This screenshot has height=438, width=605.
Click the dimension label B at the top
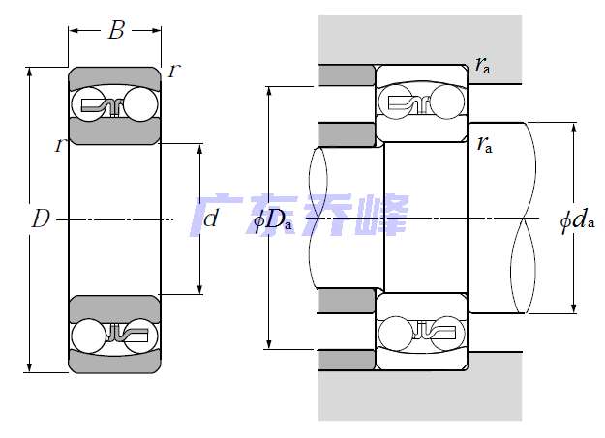pyautogui.click(x=116, y=30)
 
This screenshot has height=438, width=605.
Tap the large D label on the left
pyautogui.click(x=41, y=219)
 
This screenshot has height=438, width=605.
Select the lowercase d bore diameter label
pyautogui.click(x=211, y=219)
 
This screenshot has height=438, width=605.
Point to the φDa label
pyautogui.click(x=272, y=220)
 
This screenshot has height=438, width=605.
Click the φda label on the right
pyautogui.click(x=577, y=220)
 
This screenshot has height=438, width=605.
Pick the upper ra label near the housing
pyautogui.click(x=483, y=65)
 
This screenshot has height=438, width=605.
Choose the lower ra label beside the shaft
pyautogui.click(x=485, y=145)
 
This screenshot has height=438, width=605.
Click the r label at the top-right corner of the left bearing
pyautogui.click(x=174, y=71)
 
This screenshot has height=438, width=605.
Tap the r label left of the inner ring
pyautogui.click(x=60, y=145)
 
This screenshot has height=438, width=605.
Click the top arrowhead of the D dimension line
pyautogui.click(x=30, y=72)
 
